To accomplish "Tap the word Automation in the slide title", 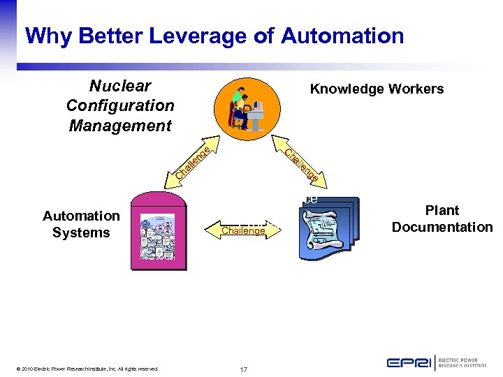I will coord(342,36).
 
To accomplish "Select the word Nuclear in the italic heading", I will coord(120,86).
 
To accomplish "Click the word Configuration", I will coord(120,105).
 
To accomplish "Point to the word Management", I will coord(120,126).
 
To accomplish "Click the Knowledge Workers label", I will coord(377,89).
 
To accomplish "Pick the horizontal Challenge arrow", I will coord(243,230).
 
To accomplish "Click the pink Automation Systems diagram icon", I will coord(159,231).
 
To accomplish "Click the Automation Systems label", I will coord(81,224).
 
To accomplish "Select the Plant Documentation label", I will coord(442,219).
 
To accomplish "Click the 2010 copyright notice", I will coord(89,369).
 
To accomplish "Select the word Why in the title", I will coord(46,36).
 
